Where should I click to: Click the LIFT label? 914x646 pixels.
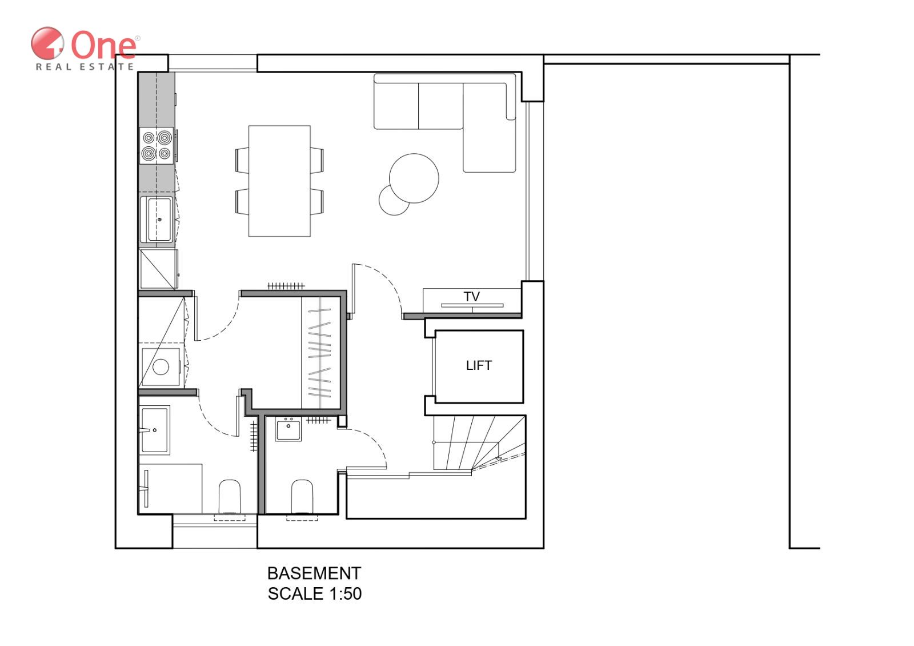(479, 365)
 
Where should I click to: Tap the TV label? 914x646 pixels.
(471, 297)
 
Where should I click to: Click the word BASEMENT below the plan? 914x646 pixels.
(314, 573)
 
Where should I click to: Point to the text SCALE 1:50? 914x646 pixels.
(315, 594)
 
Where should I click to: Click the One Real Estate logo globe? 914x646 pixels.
(47, 43)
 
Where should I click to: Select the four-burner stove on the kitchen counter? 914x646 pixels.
(157, 146)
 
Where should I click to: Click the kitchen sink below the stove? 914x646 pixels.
(157, 220)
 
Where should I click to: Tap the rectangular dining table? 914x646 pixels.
(279, 181)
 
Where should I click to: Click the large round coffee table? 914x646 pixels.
(414, 178)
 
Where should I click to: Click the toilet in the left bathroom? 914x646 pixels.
(229, 496)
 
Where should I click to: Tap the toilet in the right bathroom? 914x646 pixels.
(302, 496)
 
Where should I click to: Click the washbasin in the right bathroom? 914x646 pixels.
(288, 429)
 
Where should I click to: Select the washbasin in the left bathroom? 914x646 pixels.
(155, 430)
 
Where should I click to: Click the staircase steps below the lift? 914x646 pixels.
(479, 442)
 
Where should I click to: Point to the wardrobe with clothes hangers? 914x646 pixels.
(320, 353)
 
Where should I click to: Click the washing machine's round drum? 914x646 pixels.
(161, 366)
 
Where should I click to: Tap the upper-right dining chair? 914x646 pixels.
(317, 161)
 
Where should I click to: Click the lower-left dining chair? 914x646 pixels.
(242, 201)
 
